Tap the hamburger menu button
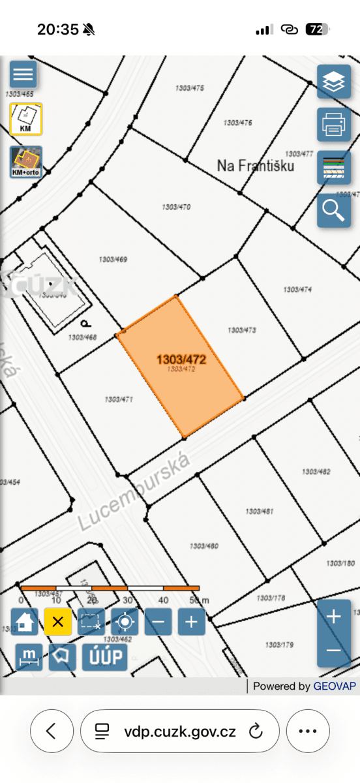point(23,74)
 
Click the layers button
point(334,82)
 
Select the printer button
point(334,124)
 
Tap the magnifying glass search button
point(334,210)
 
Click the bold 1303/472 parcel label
point(181,360)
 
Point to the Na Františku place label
point(256,166)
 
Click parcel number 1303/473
point(241,331)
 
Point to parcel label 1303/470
point(175,207)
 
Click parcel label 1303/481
point(259,512)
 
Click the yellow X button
point(57,622)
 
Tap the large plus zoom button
point(333,617)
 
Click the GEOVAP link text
point(335,686)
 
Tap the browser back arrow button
point(51,731)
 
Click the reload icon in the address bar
point(256,731)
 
